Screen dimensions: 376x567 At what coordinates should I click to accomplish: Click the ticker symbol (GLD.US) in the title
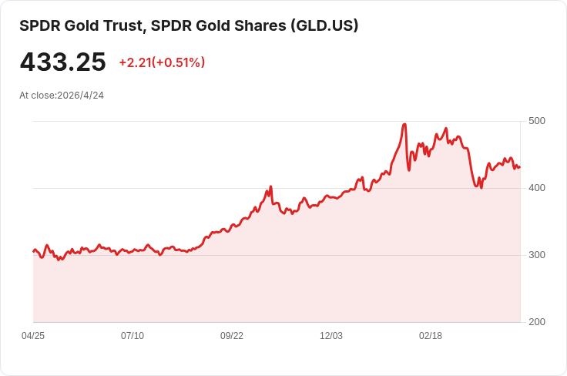pyautogui.click(x=324, y=25)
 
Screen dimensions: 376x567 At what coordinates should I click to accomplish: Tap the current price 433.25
pyautogui.click(x=62, y=62)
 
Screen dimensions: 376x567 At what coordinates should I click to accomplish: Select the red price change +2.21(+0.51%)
pyautogui.click(x=162, y=62)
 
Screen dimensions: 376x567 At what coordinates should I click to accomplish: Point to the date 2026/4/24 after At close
pyautogui.click(x=81, y=96)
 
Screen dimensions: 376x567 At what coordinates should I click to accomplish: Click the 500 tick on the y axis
pyautogui.click(x=537, y=121)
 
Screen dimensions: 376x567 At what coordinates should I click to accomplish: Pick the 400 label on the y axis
pyautogui.click(x=537, y=188)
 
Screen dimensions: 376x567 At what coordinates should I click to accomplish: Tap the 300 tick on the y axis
pyautogui.click(x=537, y=255)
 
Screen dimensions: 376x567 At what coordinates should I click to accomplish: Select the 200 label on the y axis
pyautogui.click(x=537, y=322)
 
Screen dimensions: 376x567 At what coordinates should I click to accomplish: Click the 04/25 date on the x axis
pyautogui.click(x=33, y=336)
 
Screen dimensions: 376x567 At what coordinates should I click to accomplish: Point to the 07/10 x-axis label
pyautogui.click(x=133, y=336)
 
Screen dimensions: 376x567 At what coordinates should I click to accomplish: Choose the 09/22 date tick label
pyautogui.click(x=232, y=336)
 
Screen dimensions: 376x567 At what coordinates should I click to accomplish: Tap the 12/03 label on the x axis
pyautogui.click(x=331, y=336)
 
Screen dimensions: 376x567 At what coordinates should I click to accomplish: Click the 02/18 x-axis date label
pyautogui.click(x=431, y=336)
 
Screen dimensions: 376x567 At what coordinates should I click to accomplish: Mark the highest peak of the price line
pyautogui.click(x=404, y=124)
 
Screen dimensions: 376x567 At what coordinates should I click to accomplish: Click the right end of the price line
pyautogui.click(x=520, y=167)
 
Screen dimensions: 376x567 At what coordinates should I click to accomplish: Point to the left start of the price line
pyautogui.click(x=33, y=251)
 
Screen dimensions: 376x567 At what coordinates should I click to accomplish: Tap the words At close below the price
pyautogui.click(x=37, y=96)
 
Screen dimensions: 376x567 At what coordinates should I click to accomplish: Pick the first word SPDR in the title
pyautogui.click(x=37, y=25)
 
